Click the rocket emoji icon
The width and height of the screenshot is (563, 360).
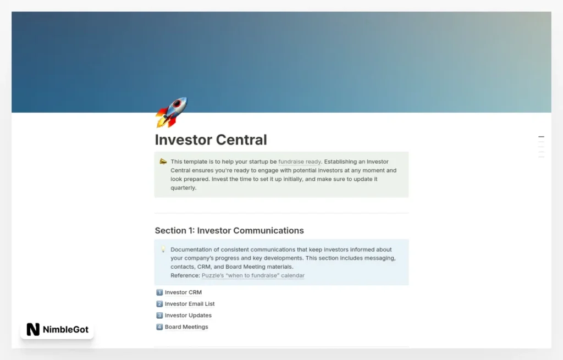click(x=171, y=112)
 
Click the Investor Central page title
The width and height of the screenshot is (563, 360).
click(x=211, y=140)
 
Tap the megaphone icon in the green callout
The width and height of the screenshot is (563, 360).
click(x=163, y=162)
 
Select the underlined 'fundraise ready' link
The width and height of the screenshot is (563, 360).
click(x=300, y=162)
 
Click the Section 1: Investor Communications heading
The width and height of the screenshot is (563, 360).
click(x=229, y=230)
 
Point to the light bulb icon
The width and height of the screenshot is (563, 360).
click(x=163, y=250)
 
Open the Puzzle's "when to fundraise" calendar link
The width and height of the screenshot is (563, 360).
click(x=253, y=275)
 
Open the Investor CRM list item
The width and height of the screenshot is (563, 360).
click(x=183, y=292)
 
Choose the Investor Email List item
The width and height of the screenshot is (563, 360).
click(x=190, y=304)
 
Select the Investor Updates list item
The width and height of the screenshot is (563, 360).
click(x=188, y=315)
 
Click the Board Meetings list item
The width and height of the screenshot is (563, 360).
click(x=186, y=327)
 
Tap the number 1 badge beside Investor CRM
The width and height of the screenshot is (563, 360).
click(x=159, y=292)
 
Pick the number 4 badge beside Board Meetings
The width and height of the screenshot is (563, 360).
click(x=159, y=327)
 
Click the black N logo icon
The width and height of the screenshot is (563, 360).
click(x=33, y=330)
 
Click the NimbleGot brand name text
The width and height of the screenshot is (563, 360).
click(x=65, y=330)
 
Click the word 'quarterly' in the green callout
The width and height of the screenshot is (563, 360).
click(x=183, y=188)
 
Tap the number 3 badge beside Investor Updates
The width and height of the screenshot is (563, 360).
click(x=159, y=315)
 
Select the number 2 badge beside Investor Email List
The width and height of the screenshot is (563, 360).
click(x=159, y=304)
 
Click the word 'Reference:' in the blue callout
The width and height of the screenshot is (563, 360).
click(x=185, y=275)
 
